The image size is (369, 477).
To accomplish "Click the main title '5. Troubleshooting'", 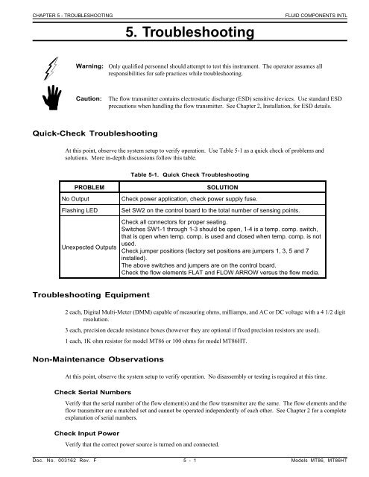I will (x=184, y=33).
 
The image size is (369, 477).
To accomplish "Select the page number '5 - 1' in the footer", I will (x=183, y=470).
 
